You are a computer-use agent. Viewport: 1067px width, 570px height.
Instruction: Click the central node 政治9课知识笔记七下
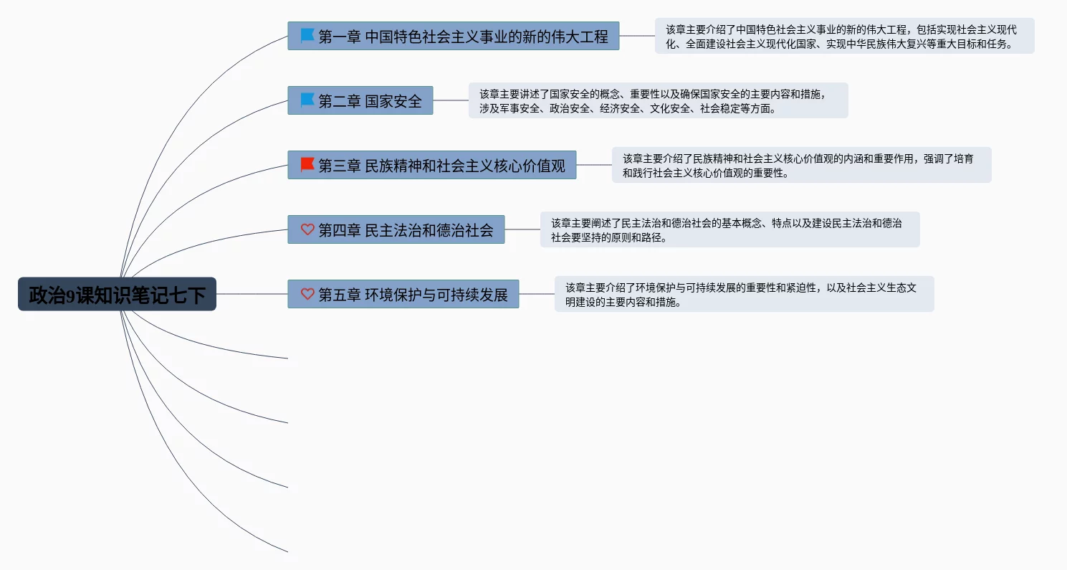tap(118, 294)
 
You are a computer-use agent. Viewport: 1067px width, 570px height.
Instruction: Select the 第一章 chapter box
tap(454, 36)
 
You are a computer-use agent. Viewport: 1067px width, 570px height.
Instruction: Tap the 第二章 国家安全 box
tap(360, 100)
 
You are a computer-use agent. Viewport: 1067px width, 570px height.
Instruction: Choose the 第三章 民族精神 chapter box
tap(432, 165)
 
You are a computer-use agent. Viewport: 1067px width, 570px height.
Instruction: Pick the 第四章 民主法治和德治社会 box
tap(396, 229)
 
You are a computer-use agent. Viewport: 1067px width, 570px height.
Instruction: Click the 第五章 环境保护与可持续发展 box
tap(403, 294)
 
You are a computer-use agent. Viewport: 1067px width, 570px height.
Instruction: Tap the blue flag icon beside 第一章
tap(307, 35)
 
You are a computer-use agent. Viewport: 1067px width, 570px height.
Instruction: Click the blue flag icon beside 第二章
tap(307, 100)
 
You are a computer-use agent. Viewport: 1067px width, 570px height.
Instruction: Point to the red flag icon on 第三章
tap(307, 164)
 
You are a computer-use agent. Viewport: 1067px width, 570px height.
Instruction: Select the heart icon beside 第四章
tap(307, 229)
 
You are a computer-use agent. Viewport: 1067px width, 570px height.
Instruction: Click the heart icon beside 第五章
tap(307, 294)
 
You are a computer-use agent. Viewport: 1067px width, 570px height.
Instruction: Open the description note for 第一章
tap(845, 36)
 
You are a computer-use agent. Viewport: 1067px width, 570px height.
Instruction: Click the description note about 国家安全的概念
tap(659, 100)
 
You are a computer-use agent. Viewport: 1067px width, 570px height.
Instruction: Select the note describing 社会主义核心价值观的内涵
tap(802, 165)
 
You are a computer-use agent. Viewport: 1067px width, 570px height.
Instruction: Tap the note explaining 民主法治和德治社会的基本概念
tap(729, 229)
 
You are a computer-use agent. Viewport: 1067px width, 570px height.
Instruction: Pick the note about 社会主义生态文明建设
tap(744, 294)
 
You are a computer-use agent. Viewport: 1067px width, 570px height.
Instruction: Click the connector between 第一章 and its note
tap(637, 36)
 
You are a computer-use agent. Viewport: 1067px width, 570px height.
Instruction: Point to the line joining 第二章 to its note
tap(451, 100)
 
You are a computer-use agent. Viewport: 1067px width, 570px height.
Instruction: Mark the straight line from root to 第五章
tap(252, 294)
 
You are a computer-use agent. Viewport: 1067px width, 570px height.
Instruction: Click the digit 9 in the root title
tap(70, 295)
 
